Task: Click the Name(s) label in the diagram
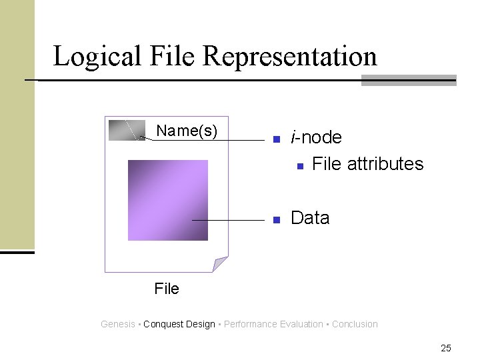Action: click(x=187, y=131)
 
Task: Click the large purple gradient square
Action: click(x=168, y=200)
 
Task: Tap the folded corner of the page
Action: click(x=221, y=264)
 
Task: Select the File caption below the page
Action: click(x=167, y=289)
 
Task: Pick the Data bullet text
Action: click(x=310, y=218)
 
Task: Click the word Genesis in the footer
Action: click(x=118, y=324)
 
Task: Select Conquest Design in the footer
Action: click(x=179, y=324)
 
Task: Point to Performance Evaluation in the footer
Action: click(x=273, y=324)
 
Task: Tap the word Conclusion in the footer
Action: click(x=355, y=324)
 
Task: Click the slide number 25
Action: click(x=446, y=347)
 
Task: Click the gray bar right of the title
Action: click(x=408, y=80)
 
